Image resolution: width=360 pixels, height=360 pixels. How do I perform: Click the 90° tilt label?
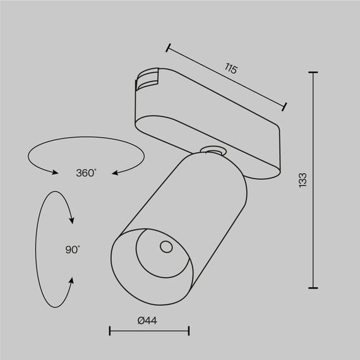tap(73, 249)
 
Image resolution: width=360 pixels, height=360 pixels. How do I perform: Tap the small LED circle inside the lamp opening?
tap(166, 247)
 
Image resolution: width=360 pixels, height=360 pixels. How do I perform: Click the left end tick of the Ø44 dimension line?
tap(110, 330)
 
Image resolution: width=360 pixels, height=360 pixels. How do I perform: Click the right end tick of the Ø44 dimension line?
tap(189, 330)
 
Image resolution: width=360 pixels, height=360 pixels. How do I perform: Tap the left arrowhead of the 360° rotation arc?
tap(56, 171)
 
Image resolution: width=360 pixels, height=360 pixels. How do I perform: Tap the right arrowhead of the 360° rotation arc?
tap(116, 171)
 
